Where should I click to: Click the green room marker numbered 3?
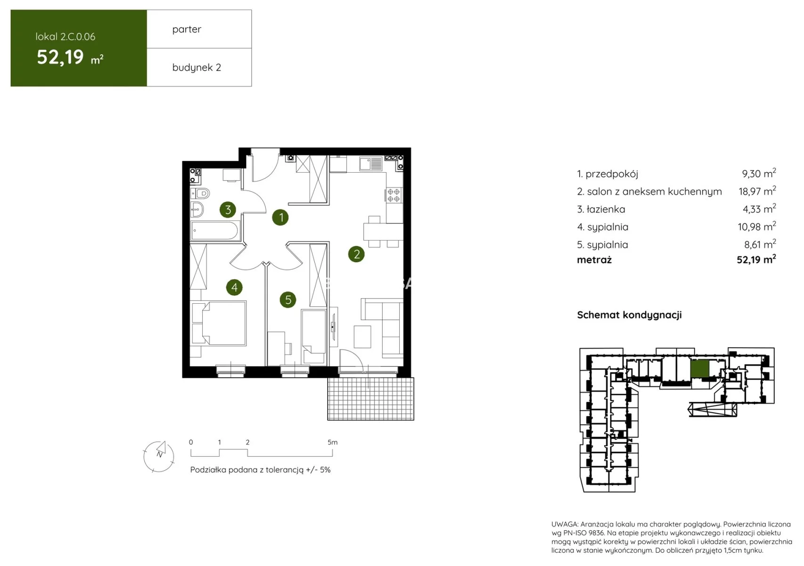coord(228,209)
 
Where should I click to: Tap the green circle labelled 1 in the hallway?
coord(280,217)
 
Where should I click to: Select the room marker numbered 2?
coord(356,254)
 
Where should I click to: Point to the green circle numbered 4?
coord(234,287)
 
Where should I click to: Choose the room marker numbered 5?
coord(288,300)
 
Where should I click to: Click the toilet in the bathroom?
coord(200,193)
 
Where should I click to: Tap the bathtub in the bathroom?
coord(214,231)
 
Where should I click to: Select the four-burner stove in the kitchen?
coord(394,196)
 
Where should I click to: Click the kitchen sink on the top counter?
coord(371,164)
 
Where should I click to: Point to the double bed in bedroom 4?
coord(219,324)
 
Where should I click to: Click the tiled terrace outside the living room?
coord(370,399)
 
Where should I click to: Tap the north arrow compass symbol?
coord(159,456)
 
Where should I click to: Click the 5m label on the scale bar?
coord(332,442)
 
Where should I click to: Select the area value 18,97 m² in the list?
coord(757,191)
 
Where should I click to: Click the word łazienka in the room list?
coord(606,209)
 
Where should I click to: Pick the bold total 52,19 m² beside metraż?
coord(756,259)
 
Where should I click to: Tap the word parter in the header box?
coord(187,29)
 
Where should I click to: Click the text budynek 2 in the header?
coord(197,67)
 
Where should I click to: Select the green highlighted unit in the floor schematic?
coord(700,369)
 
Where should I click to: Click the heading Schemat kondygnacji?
coord(629,315)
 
